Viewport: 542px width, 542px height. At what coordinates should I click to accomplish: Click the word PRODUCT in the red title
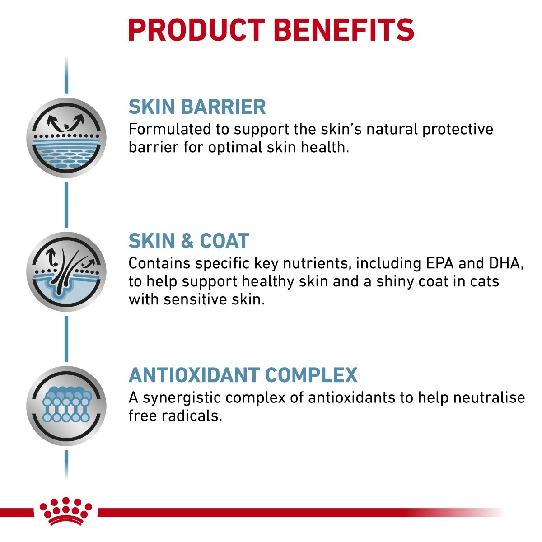[x=196, y=30]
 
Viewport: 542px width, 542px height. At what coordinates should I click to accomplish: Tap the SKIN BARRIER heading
[x=197, y=107]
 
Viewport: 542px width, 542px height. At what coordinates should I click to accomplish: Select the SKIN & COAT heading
[x=189, y=241]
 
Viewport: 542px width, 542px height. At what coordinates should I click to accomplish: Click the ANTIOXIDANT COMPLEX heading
[x=243, y=375]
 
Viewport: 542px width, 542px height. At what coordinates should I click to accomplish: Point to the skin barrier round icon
[x=66, y=138]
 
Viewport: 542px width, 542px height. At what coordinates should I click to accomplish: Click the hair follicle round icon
[x=66, y=272]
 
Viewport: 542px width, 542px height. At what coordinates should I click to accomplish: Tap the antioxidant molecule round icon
[x=66, y=406]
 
